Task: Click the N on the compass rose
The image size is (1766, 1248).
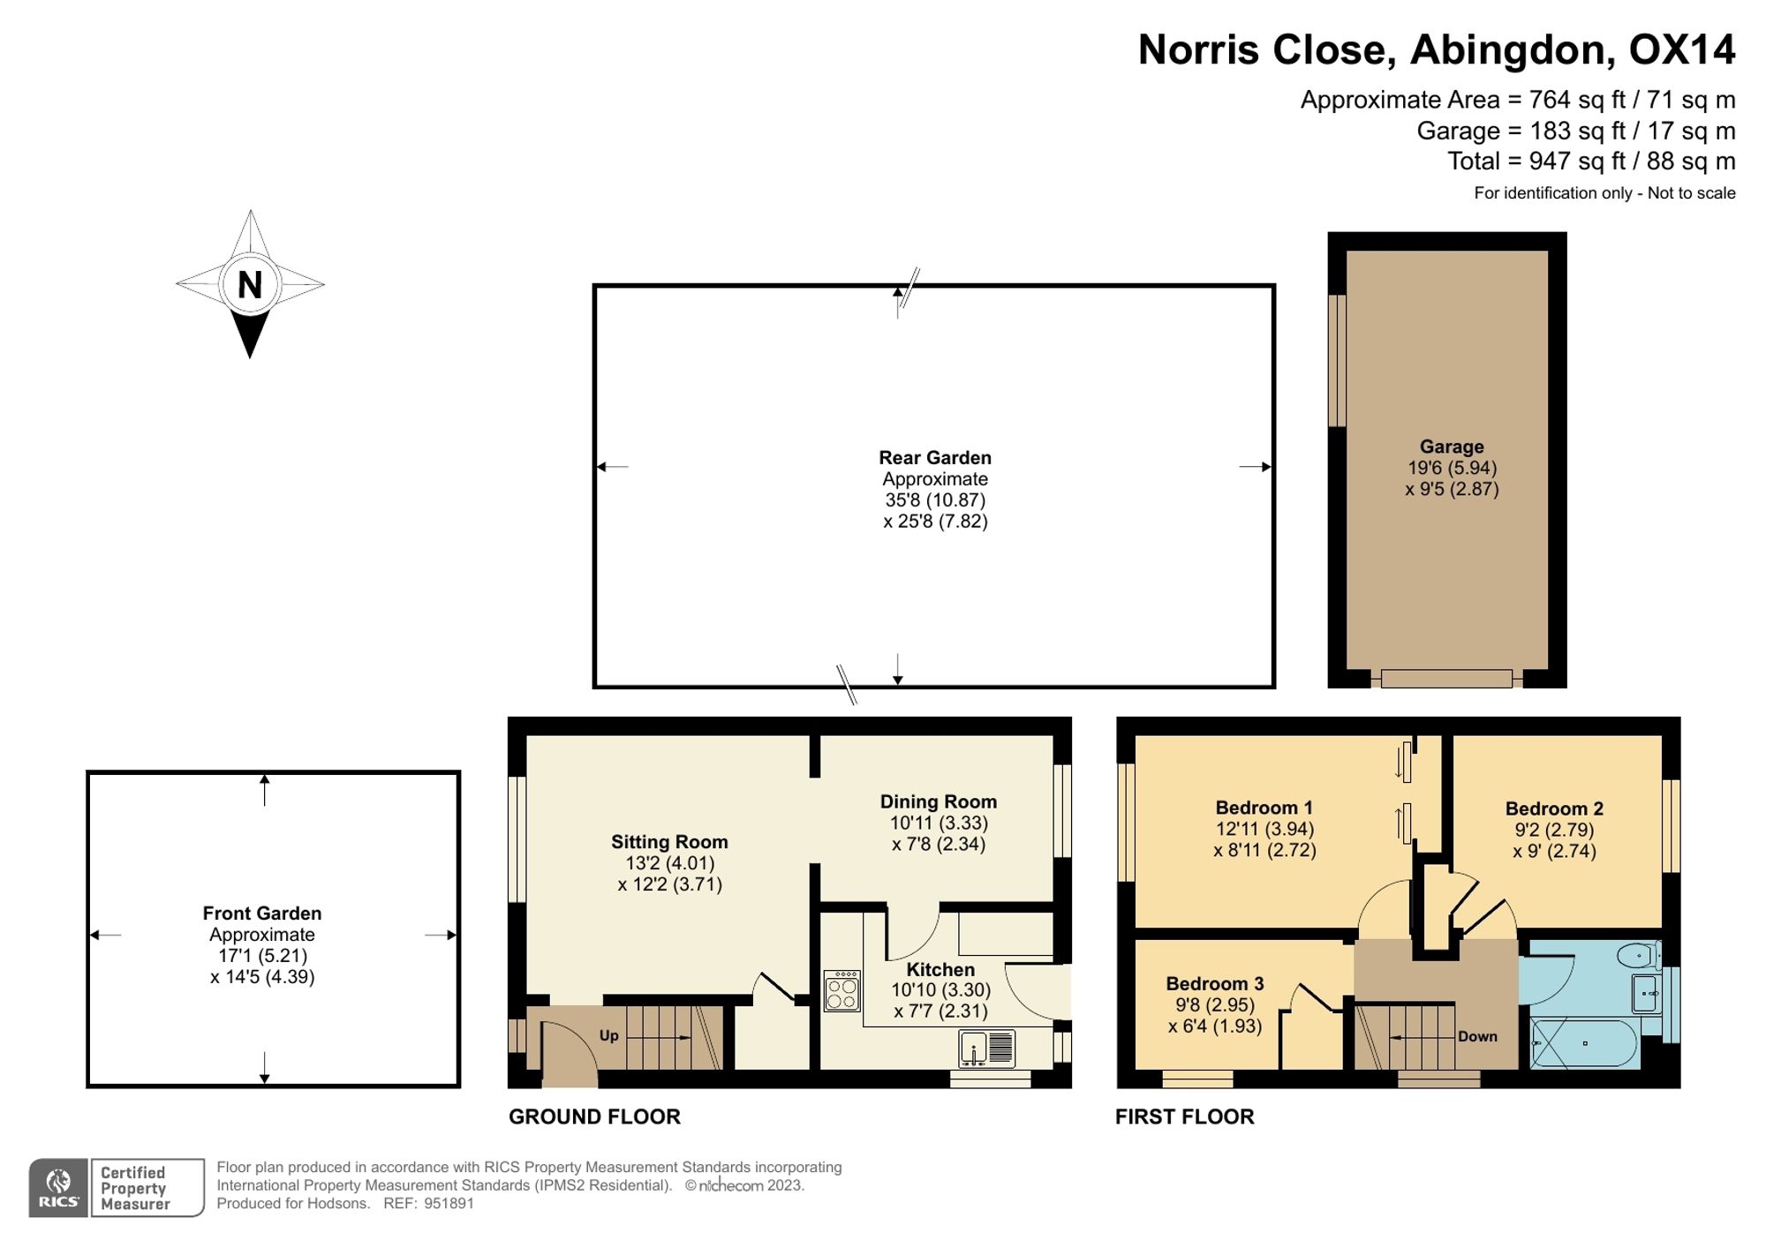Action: [250, 285]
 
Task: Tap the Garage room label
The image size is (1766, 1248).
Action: [1452, 447]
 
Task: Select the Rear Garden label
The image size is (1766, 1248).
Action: [935, 457]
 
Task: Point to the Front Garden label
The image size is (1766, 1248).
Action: [262, 913]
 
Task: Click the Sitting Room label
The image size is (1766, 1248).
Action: [669, 842]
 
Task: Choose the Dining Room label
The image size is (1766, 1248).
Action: [939, 801]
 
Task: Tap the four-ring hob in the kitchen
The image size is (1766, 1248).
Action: [842, 990]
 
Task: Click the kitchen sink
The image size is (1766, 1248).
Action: [987, 1049]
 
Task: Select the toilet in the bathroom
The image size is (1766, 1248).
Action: [1639, 955]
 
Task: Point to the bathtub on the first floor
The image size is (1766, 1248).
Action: [1584, 1044]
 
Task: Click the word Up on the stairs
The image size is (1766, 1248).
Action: [609, 1035]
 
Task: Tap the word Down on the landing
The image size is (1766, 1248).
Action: [1477, 1036]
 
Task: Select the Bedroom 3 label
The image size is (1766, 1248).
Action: [1215, 983]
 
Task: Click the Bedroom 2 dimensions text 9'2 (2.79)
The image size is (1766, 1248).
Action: [1555, 830]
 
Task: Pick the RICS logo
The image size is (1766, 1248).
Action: [58, 1188]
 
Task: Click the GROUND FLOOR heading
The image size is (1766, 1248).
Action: [594, 1116]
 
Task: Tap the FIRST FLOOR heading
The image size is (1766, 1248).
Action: [1184, 1116]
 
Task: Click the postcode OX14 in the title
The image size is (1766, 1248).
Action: [1682, 49]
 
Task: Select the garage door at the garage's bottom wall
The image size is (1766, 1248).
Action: [1446, 679]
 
